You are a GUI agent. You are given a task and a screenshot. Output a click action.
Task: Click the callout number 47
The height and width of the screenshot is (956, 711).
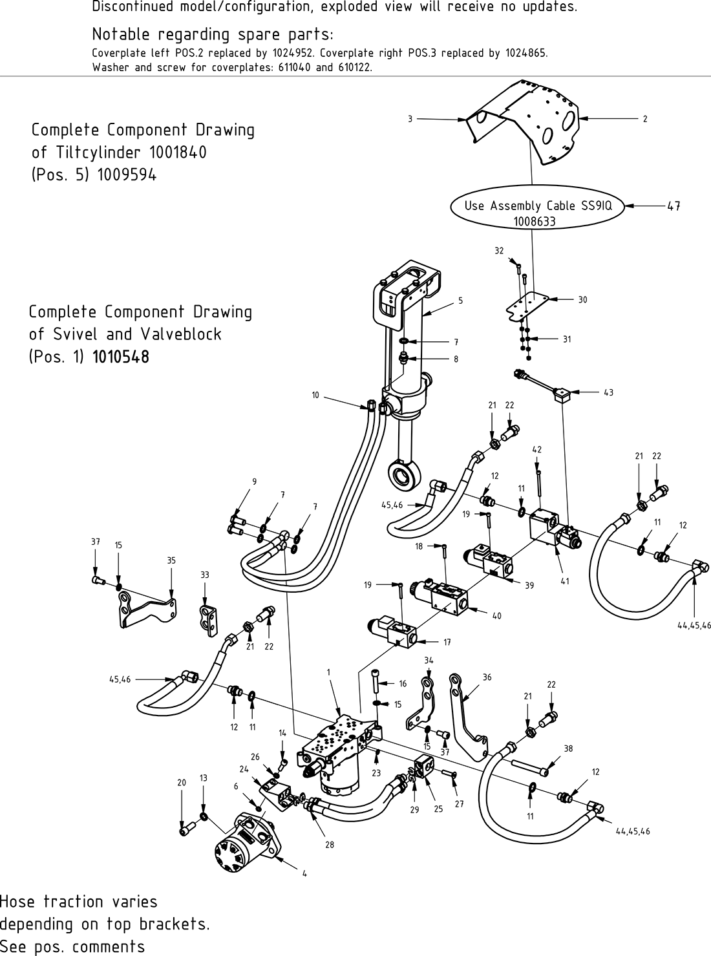(x=674, y=206)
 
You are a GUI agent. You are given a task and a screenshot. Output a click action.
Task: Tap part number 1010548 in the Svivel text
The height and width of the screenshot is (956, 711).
(x=121, y=357)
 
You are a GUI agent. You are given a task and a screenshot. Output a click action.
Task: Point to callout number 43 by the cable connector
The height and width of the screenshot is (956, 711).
(x=608, y=392)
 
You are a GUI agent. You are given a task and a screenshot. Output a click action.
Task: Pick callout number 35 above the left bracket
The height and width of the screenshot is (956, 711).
(x=171, y=560)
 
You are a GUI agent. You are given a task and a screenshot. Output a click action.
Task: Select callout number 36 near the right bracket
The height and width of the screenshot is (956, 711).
(x=487, y=677)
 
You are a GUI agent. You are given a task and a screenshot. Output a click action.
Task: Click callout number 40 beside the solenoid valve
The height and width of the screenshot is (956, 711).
(x=496, y=616)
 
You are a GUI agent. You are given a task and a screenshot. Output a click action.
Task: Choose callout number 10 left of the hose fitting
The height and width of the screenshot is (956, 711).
(x=315, y=394)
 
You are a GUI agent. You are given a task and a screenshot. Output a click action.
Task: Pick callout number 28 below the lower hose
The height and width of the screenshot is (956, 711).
(x=329, y=844)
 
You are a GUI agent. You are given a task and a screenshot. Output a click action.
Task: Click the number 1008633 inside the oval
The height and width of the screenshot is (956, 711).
(x=535, y=221)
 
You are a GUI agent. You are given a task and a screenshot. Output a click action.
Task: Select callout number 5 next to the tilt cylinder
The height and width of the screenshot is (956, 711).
(x=460, y=301)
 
